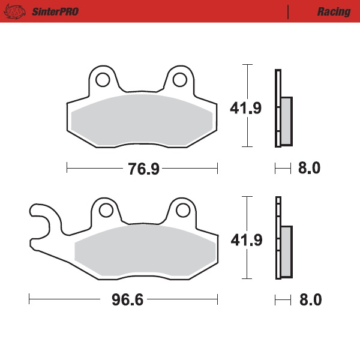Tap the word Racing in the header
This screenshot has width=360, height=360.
(x=334, y=12)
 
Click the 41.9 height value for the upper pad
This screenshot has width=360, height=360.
(x=245, y=109)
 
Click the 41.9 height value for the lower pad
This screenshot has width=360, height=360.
(x=247, y=240)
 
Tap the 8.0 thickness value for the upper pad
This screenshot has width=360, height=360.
(x=309, y=169)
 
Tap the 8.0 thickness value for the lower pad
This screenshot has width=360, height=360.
(x=309, y=299)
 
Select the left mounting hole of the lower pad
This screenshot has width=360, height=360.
(x=106, y=210)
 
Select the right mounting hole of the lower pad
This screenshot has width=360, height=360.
(x=183, y=210)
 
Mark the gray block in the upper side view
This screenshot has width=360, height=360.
(x=286, y=121)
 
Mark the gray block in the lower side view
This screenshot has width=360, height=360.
(x=286, y=251)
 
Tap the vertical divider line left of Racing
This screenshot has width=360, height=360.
(x=289, y=12)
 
